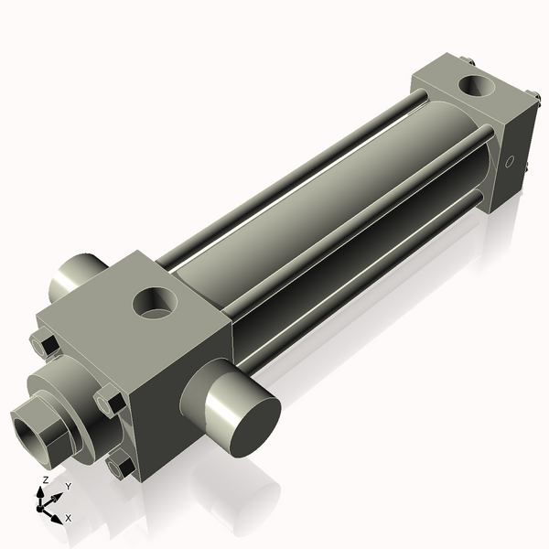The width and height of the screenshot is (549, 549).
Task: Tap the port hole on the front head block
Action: [x=155, y=302]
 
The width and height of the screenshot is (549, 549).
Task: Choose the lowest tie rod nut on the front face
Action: [x=121, y=468]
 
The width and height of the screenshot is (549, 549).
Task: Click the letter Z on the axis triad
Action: [x=45, y=479]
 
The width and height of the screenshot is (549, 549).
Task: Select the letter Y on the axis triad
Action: [x=68, y=487]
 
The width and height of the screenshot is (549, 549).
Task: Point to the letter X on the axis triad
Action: [x=69, y=518]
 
